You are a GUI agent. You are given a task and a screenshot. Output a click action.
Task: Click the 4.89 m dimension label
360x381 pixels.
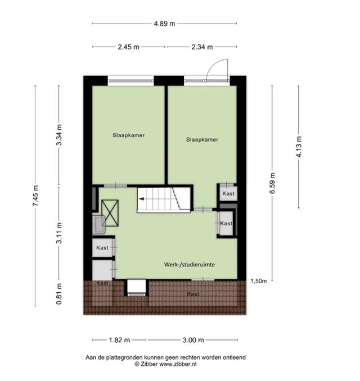click(164, 24)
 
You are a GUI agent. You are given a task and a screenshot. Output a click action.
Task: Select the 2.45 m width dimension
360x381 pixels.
click(128, 47)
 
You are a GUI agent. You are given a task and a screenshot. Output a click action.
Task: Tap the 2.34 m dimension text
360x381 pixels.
click(202, 47)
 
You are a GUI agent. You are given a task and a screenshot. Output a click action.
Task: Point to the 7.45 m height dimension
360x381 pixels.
click(35, 196)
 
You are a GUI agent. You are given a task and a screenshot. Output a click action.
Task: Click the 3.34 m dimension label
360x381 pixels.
click(59, 135)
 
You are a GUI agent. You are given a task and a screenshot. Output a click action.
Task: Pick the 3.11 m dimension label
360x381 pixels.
click(59, 233)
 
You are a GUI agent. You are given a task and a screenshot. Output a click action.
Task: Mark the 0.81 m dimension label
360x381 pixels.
click(59, 294)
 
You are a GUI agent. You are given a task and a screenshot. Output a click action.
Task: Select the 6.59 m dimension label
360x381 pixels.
click(272, 183)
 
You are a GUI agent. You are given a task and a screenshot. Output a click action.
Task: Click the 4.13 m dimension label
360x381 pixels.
click(299, 147)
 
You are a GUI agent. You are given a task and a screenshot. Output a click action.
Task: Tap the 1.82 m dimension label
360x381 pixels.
click(119, 340)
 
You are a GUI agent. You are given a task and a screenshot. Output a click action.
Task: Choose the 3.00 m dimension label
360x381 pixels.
click(193, 340)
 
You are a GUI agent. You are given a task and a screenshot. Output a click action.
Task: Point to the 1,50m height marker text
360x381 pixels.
click(259, 281)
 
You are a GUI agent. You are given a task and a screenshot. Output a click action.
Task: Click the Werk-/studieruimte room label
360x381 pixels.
click(190, 265)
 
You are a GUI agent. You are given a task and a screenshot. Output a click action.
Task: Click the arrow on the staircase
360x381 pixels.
click(141, 199)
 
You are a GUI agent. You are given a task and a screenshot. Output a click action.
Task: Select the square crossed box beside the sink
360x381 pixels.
click(110, 213)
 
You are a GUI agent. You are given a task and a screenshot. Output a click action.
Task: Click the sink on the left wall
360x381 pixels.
click(99, 225)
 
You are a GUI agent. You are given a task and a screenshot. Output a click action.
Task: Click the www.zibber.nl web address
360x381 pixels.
click(178, 364)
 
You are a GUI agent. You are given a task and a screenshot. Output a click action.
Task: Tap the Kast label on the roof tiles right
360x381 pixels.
click(193, 294)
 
